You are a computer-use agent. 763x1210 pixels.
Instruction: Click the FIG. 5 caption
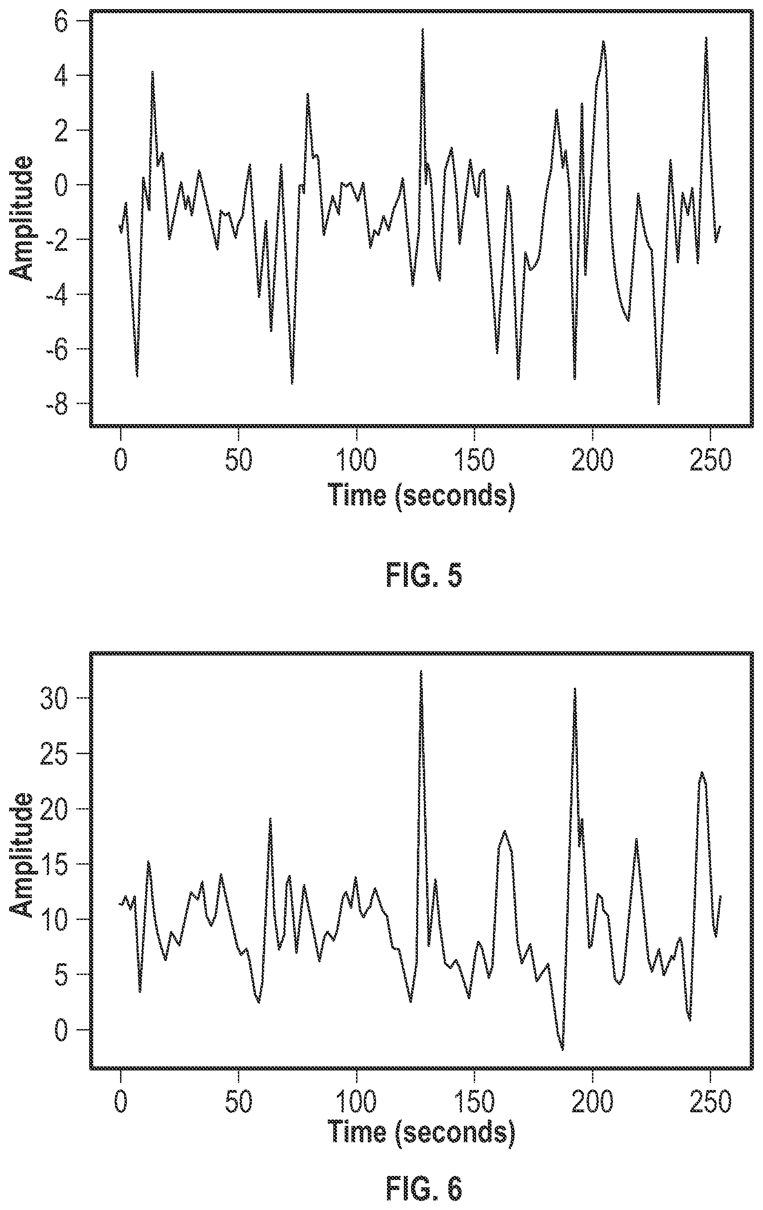coord(424,575)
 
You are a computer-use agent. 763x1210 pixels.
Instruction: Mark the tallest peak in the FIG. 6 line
coord(421,671)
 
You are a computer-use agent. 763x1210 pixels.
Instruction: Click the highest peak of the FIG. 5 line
coord(423,30)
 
